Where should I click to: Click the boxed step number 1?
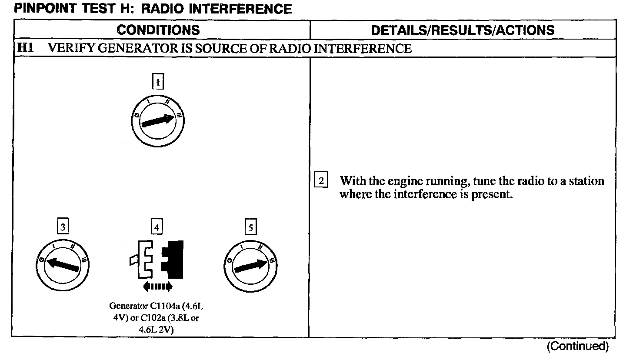(158, 81)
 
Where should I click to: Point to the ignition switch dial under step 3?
(63, 265)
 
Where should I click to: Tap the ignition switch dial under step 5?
(251, 265)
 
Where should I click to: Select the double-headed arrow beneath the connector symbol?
(157, 286)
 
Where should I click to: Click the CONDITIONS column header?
(158, 30)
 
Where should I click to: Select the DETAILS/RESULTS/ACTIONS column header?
(463, 30)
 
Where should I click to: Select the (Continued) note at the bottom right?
(578, 346)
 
